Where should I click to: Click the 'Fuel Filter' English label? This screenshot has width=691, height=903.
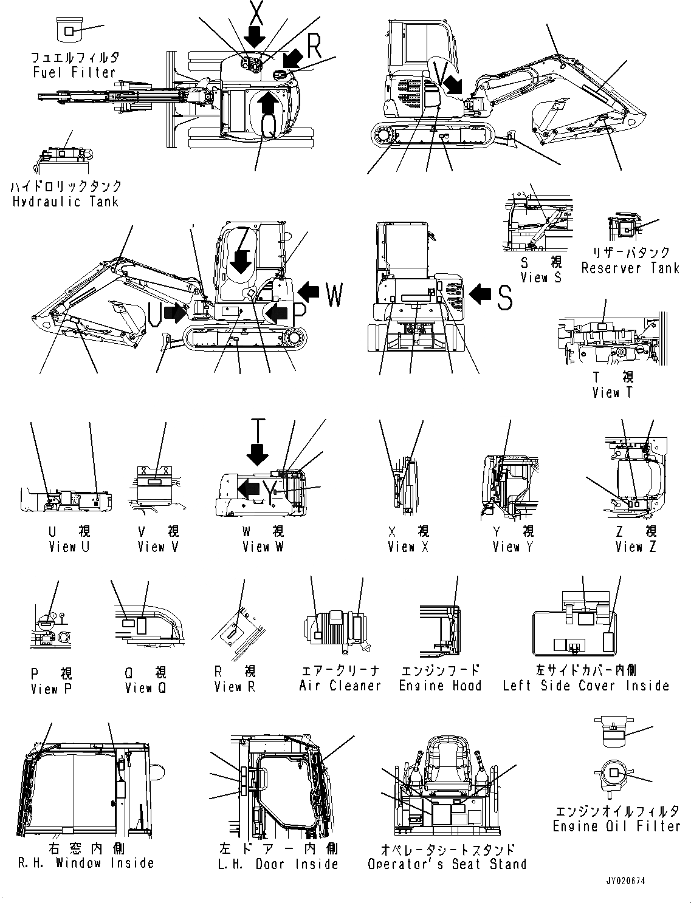click(x=74, y=72)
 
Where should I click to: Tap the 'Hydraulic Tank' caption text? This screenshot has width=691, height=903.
click(x=65, y=202)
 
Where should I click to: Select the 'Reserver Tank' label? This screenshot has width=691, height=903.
click(x=630, y=268)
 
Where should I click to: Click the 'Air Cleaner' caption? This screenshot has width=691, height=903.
click(x=340, y=686)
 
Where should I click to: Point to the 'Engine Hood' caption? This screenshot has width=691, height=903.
click(x=440, y=686)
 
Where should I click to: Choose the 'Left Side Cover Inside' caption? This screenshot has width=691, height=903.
click(x=586, y=686)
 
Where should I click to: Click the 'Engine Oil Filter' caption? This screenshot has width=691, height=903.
click(x=616, y=826)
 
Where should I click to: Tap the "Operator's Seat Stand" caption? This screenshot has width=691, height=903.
click(x=447, y=864)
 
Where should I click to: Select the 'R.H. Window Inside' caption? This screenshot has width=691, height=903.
click(x=86, y=863)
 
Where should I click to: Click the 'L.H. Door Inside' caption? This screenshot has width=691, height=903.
click(x=278, y=864)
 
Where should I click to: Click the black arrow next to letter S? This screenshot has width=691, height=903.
click(x=481, y=295)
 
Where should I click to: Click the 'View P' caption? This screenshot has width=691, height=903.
click(x=51, y=689)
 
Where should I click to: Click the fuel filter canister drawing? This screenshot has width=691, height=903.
click(x=68, y=30)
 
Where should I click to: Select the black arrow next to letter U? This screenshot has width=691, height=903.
click(x=176, y=313)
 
